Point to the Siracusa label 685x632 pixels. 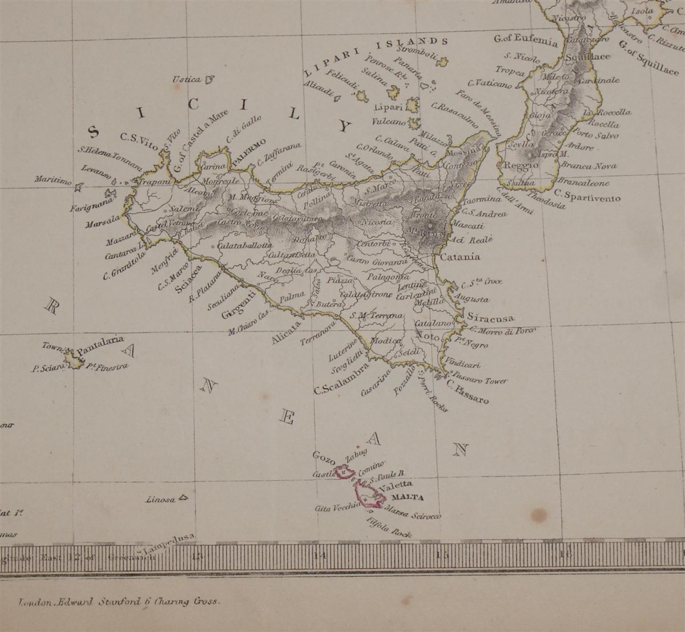[490, 318]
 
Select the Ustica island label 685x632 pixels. [187, 79]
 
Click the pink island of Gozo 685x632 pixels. [344, 472]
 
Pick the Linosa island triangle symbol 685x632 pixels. [183, 497]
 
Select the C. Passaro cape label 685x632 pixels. [468, 392]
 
